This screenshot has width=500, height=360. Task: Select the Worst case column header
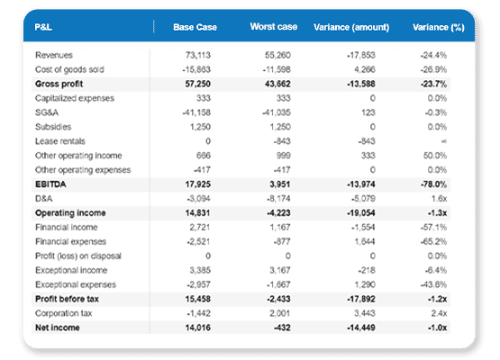pos(274,27)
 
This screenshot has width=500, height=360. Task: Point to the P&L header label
pos(42,27)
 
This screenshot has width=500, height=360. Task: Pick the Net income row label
pos(57,328)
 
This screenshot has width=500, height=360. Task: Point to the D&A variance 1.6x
pos(455,198)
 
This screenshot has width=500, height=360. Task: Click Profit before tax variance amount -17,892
pos(371,299)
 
